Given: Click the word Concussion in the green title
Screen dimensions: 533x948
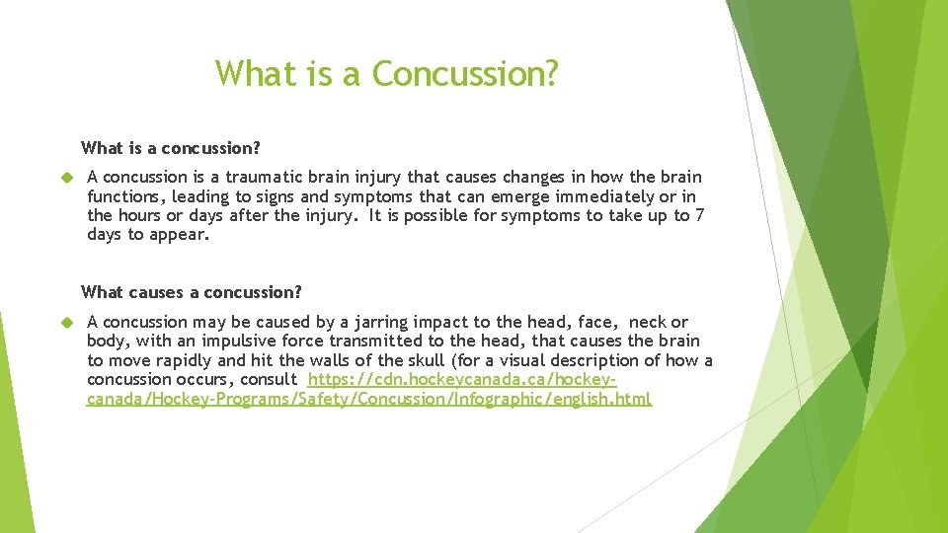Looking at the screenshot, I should pos(465,74).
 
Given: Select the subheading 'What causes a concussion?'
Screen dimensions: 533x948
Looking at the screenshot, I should pos(191,292).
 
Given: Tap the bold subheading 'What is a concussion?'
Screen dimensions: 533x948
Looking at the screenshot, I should pos(170,148).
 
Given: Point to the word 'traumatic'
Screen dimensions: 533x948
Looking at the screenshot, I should pos(263,178).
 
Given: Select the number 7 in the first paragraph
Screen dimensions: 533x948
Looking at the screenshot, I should pos(699,215).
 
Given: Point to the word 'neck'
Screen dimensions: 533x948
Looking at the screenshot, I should pos(648,322).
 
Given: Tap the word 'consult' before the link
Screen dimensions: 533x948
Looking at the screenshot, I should pos(264,379).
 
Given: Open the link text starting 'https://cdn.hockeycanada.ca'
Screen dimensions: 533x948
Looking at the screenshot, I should pos(462,379).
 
